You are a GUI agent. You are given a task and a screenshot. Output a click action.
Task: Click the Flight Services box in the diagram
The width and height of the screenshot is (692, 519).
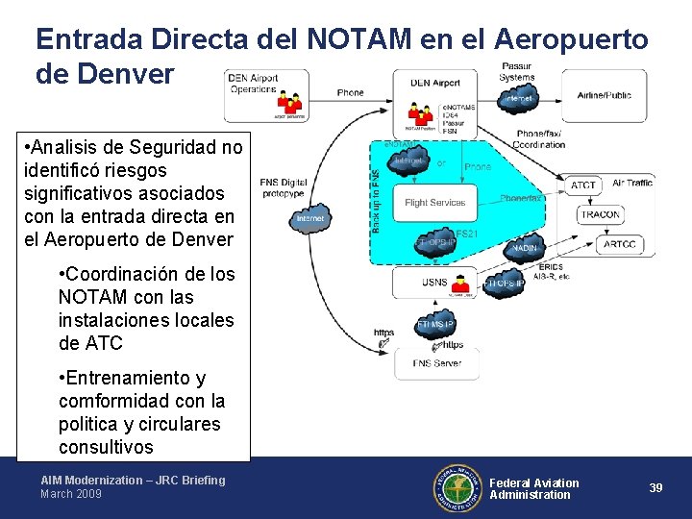(434, 203)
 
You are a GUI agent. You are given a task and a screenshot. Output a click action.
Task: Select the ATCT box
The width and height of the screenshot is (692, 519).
(582, 185)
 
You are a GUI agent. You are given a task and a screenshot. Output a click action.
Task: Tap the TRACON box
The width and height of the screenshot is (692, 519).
(600, 214)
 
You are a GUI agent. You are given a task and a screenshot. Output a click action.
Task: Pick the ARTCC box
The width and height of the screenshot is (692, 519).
(619, 244)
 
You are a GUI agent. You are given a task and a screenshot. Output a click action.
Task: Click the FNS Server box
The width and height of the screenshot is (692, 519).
(436, 363)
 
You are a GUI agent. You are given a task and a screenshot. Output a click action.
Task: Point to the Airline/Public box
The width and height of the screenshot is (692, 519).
(605, 95)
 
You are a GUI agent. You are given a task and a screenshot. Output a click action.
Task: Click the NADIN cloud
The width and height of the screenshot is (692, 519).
(525, 248)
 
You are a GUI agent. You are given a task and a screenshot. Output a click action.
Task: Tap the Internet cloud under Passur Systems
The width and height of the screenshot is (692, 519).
(518, 98)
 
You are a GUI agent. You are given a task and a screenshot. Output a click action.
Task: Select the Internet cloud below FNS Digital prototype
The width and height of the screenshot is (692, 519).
(309, 218)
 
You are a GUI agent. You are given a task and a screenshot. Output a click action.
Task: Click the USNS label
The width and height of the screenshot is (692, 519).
(433, 283)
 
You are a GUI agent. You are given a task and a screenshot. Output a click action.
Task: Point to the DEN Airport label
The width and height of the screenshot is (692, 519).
(434, 83)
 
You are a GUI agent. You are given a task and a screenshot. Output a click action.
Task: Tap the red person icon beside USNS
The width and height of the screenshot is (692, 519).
(461, 284)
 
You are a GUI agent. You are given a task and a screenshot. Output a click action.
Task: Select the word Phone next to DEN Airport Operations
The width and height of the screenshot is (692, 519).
(350, 92)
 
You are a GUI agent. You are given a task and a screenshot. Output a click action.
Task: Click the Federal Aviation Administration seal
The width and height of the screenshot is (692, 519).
(457, 487)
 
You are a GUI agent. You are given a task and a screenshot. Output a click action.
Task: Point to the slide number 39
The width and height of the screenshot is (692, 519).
(655, 487)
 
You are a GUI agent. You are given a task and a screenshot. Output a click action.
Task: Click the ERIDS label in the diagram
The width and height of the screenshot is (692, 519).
(551, 266)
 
